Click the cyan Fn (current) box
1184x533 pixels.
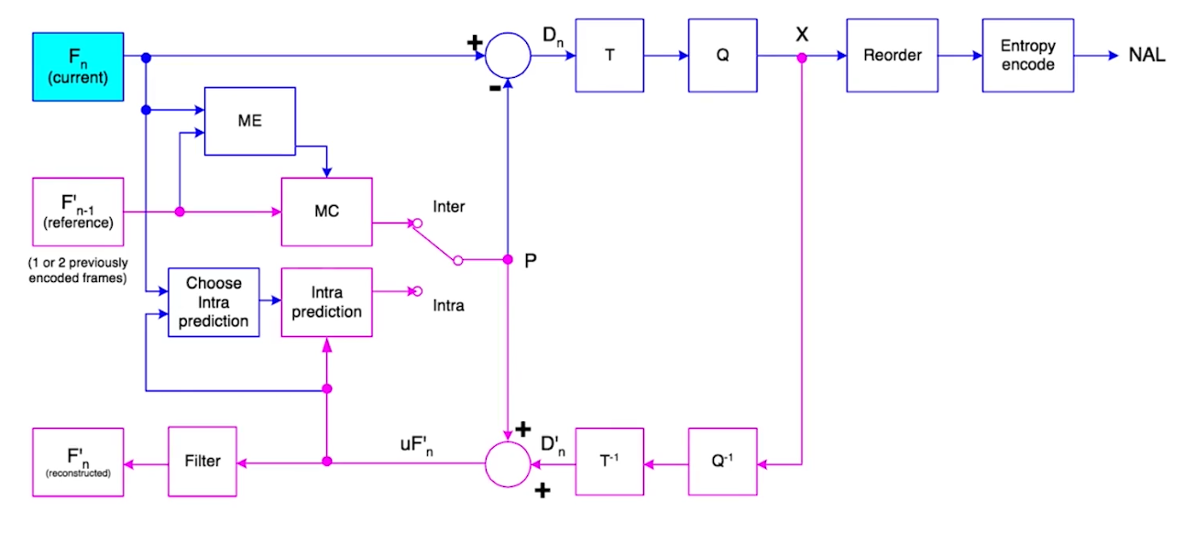78,67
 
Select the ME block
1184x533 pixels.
250,121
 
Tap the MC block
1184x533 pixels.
326,212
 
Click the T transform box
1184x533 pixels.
609,56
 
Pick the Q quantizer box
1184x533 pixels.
722,56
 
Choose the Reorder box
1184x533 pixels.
893,56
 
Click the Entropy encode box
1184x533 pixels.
1028,56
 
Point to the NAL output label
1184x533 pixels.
1146,54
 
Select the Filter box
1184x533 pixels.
203,462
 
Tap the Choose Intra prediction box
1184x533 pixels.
214,302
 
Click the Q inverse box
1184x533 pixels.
722,462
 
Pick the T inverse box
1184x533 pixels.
609,462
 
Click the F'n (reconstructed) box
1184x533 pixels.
78,462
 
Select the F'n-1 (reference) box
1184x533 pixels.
78,212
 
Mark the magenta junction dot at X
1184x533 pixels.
802,58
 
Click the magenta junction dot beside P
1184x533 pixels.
508,259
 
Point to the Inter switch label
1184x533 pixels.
449,207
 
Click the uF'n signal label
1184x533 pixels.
417,445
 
